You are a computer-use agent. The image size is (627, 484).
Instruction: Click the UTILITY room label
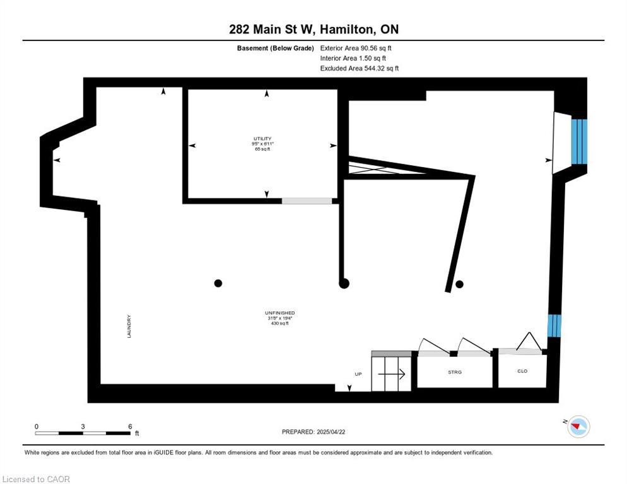pos(262,138)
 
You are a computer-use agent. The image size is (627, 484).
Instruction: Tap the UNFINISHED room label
pos(280,313)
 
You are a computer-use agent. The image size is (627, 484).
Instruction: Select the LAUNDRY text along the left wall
pos(129,326)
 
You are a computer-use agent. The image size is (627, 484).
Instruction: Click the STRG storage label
pos(454,372)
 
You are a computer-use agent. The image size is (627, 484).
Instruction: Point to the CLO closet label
pos(522,371)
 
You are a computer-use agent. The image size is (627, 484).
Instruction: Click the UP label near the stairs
pos(358,374)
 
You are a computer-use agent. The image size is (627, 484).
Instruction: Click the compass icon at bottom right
pos(578,427)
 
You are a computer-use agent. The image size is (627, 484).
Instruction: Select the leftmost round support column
pos(218,284)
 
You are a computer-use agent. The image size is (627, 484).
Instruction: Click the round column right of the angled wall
pos(459,284)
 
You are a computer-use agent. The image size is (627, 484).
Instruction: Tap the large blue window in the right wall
pos(579,142)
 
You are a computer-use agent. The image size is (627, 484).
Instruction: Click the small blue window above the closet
pos(553,325)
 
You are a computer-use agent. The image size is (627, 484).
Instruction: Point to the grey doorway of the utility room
pos(307,201)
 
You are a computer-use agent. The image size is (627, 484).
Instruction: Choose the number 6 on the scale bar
pos(130,426)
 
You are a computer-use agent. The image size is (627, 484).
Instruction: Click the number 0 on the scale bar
pos(37,426)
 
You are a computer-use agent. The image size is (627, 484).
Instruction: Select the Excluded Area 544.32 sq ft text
pos(360,68)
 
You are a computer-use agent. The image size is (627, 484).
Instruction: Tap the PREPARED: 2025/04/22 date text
pos(314,432)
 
